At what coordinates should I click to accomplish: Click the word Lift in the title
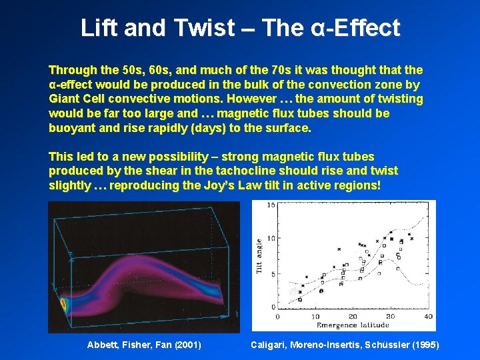click(x=99, y=28)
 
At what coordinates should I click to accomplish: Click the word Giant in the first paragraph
click(x=65, y=99)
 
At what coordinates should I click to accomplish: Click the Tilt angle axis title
click(x=259, y=256)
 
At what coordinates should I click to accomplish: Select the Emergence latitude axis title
click(x=357, y=325)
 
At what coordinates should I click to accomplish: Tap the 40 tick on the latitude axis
click(x=428, y=317)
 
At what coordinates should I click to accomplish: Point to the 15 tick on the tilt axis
click(x=271, y=205)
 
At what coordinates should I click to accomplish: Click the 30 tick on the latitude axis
click(x=390, y=317)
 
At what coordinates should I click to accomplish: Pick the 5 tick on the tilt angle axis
click(x=272, y=273)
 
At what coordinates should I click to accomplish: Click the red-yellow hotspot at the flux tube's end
click(x=64, y=306)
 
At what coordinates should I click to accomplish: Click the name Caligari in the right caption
click(x=269, y=345)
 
